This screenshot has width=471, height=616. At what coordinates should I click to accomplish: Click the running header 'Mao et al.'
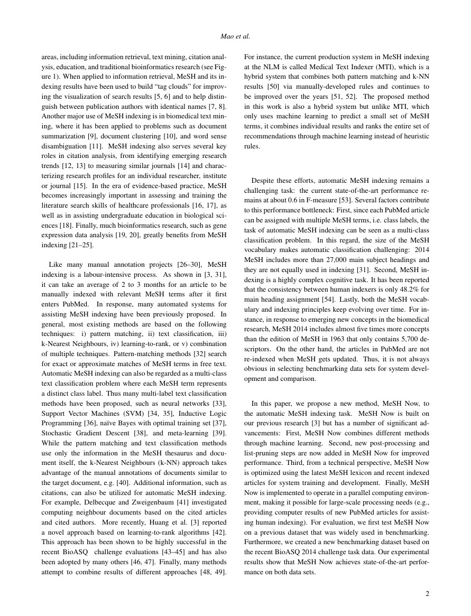(x=235, y=36)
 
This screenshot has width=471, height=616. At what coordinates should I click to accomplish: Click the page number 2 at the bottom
(x=427, y=593)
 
